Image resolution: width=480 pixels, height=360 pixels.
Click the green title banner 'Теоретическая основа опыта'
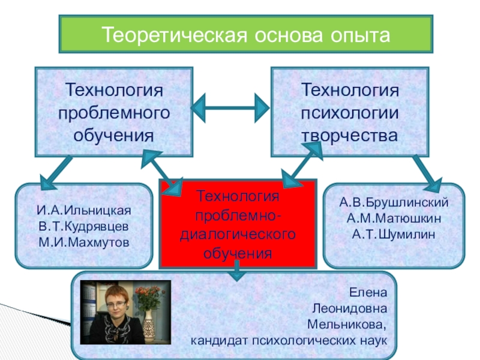[245, 34]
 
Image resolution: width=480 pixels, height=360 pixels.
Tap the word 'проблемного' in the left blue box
[114, 113]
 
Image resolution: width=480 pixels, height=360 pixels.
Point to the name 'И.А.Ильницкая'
[83, 212]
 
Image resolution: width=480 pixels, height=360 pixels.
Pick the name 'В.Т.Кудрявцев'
[83, 227]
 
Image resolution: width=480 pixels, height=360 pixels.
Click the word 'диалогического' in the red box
[238, 232]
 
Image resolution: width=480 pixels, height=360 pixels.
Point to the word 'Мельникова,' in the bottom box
[347, 325]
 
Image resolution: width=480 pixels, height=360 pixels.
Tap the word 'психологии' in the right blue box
[350, 113]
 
